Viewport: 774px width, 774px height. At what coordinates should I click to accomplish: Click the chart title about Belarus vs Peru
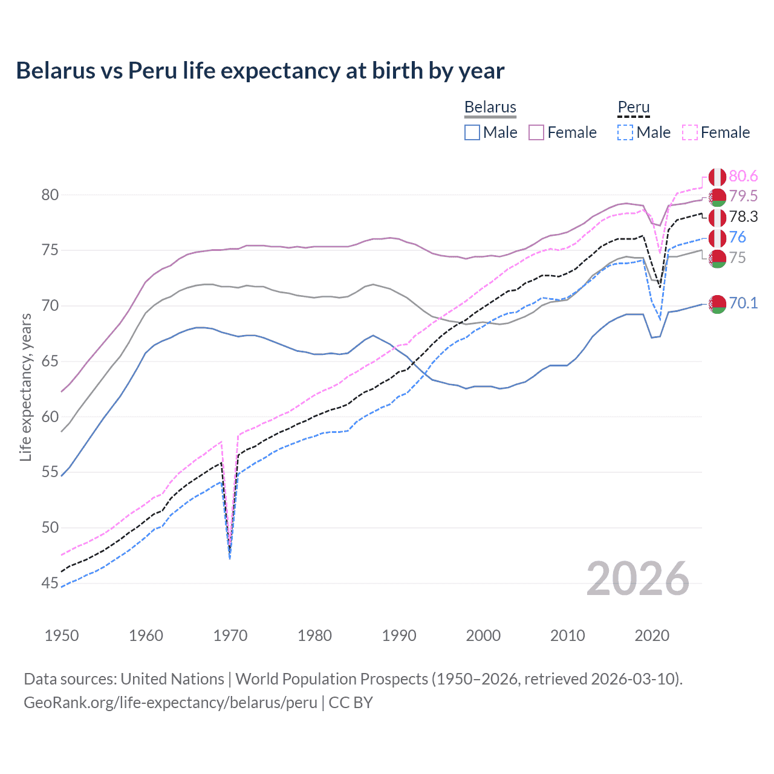click(x=260, y=71)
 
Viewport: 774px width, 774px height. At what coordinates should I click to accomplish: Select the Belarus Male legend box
click(x=472, y=132)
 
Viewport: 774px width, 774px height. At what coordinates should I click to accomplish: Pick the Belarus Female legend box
click(x=536, y=132)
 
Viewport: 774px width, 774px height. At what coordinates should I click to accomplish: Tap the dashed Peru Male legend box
click(x=625, y=132)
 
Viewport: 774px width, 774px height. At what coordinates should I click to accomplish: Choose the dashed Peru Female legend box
click(x=690, y=132)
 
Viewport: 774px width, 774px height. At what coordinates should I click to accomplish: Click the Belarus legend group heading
click(x=490, y=107)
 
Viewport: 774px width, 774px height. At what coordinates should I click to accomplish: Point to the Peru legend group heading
click(x=633, y=107)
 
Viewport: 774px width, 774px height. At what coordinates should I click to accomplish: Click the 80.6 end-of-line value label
click(x=743, y=176)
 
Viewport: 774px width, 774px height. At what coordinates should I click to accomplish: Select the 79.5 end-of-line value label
click(x=743, y=196)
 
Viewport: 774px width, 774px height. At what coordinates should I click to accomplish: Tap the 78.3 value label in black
click(x=743, y=216)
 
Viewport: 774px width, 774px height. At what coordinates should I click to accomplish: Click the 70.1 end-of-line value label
click(x=743, y=303)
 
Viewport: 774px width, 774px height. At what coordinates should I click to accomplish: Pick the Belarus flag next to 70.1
click(x=717, y=305)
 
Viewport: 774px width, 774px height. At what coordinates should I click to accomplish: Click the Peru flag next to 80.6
click(x=717, y=177)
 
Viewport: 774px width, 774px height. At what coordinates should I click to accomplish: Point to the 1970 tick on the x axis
click(x=230, y=636)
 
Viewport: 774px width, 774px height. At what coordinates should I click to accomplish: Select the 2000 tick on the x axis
click(x=483, y=636)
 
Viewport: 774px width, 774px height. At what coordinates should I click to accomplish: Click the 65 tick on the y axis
click(x=50, y=362)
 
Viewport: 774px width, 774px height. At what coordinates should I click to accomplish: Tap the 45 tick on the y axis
click(x=50, y=584)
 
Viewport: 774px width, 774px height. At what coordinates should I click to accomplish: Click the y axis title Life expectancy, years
click(x=25, y=387)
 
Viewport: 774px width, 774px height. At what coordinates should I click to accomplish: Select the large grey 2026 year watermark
click(x=637, y=579)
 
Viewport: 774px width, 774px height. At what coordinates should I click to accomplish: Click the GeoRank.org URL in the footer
click(x=171, y=703)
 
